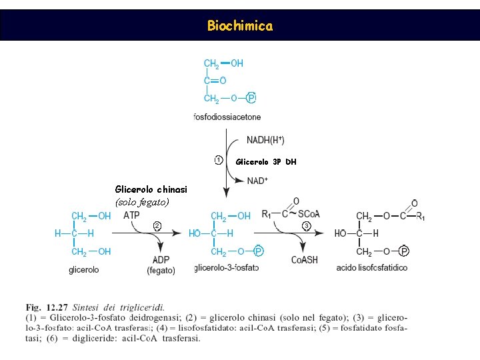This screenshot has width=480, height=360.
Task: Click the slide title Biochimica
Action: pyautogui.click(x=240, y=26)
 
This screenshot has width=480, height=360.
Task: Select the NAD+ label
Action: pyautogui.click(x=257, y=181)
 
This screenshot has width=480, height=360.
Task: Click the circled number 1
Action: pyautogui.click(x=219, y=160)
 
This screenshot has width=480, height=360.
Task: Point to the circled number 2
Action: pyautogui.click(x=157, y=225)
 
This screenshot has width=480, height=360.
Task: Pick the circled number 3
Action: pyautogui.click(x=306, y=226)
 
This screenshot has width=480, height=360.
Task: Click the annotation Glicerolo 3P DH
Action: pyautogui.click(x=266, y=162)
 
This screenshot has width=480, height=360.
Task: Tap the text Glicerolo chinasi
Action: pyautogui.click(x=151, y=189)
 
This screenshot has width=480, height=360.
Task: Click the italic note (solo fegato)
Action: pyautogui.click(x=142, y=201)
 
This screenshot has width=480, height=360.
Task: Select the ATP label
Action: pyautogui.click(x=131, y=215)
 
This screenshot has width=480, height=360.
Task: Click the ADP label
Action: pyautogui.click(x=161, y=260)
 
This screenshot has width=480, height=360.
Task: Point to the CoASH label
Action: pyautogui.click(x=305, y=260)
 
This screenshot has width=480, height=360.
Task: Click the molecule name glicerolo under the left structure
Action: pyautogui.click(x=84, y=269)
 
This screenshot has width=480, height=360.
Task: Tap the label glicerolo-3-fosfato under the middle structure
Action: pyautogui.click(x=227, y=268)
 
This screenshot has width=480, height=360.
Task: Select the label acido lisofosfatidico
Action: pyautogui.click(x=372, y=268)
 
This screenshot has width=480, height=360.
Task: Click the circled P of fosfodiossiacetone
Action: pyautogui.click(x=251, y=99)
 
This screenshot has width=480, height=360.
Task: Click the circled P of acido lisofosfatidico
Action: pyautogui.click(x=404, y=251)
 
